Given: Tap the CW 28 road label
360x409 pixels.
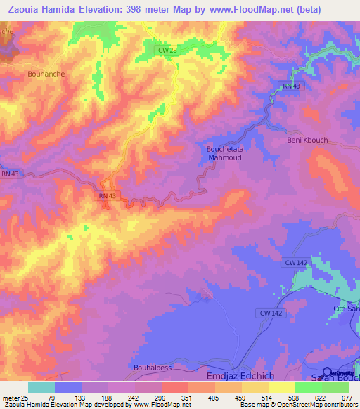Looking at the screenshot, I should click(x=167, y=50).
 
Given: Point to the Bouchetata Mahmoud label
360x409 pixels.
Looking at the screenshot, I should click(x=223, y=153).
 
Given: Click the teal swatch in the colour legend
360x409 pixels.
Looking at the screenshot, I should click(x=41, y=387).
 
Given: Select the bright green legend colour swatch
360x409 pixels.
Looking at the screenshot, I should click(x=308, y=387).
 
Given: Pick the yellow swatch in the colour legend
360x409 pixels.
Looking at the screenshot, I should click(x=281, y=387).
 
